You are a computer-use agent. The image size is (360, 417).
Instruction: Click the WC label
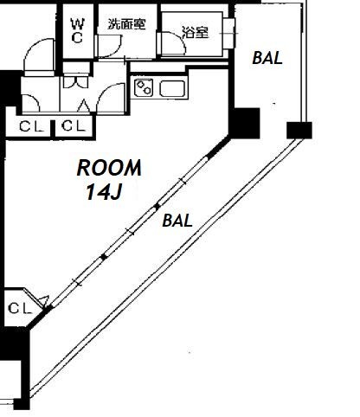[78, 30]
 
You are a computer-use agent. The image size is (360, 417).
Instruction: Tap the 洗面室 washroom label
[126, 24]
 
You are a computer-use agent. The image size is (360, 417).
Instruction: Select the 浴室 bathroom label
[196, 32]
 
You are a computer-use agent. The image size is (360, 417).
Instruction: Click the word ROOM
[109, 168]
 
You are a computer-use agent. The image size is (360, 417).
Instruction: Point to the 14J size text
[104, 192]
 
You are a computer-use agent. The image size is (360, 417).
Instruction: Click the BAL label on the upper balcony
[267, 58]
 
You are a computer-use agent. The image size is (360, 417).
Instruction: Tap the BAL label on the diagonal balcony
[177, 221]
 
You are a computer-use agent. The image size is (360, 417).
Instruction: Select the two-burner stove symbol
[144, 87]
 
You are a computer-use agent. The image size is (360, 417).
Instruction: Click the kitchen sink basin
[172, 88]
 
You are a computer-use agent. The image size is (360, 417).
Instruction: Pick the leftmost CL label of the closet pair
[31, 126]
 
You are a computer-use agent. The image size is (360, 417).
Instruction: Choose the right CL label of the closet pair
[74, 126]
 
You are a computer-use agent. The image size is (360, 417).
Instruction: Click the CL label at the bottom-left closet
[20, 309]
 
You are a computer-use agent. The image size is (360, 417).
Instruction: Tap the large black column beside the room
[245, 123]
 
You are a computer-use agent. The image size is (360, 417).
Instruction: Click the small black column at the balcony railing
[299, 130]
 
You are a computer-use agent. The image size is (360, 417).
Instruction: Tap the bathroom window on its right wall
[229, 34]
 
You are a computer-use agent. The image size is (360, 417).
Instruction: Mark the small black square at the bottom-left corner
[22, 404]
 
